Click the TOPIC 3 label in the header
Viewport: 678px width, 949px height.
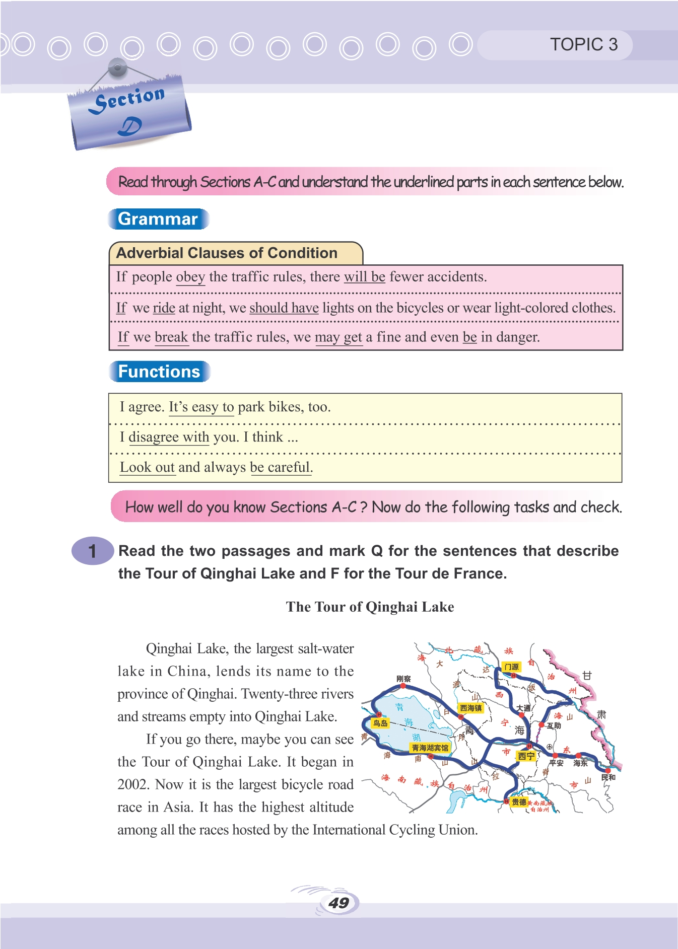click(583, 44)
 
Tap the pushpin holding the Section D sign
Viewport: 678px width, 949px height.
click(117, 67)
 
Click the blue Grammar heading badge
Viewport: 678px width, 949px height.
click(158, 219)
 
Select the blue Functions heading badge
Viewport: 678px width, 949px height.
click(159, 372)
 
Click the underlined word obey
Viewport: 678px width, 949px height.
click(190, 277)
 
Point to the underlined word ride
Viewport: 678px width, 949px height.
click(164, 308)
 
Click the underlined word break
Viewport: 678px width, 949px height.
click(171, 337)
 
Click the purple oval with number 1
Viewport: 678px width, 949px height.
click(92, 551)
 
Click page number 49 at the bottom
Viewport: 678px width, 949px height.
click(338, 903)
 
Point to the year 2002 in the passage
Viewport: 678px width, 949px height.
click(132, 784)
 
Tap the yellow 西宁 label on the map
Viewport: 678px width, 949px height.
click(526, 756)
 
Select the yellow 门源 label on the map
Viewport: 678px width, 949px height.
click(511, 667)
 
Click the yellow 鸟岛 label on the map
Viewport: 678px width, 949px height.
click(380, 723)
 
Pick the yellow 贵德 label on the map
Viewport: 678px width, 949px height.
click(519, 801)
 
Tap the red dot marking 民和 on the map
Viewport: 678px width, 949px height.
click(608, 770)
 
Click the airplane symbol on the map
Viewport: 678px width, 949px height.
click(550, 747)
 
